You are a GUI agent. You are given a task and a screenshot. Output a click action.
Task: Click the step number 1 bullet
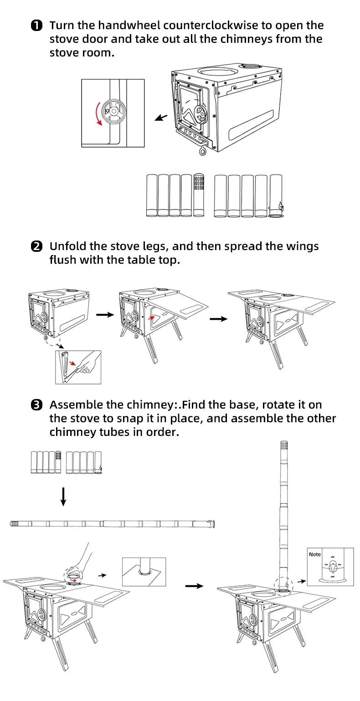(x=36, y=26)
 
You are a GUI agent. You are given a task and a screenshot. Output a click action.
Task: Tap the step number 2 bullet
(x=36, y=246)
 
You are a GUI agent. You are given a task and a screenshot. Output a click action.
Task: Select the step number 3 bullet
(x=36, y=404)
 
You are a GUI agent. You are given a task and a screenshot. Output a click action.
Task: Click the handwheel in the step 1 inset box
(x=112, y=111)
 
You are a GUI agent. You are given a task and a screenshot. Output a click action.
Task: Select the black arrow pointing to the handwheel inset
(x=161, y=118)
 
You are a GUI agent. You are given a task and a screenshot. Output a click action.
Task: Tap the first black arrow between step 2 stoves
(x=105, y=315)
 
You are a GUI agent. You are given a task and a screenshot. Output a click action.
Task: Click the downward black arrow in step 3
(x=63, y=496)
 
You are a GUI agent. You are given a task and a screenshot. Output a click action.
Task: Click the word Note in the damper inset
(x=315, y=554)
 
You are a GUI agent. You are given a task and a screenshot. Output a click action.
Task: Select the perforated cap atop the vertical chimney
(x=284, y=448)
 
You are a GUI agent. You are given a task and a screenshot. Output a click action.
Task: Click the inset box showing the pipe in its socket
(x=144, y=571)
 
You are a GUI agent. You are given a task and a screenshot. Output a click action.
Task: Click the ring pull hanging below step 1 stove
(x=203, y=151)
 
